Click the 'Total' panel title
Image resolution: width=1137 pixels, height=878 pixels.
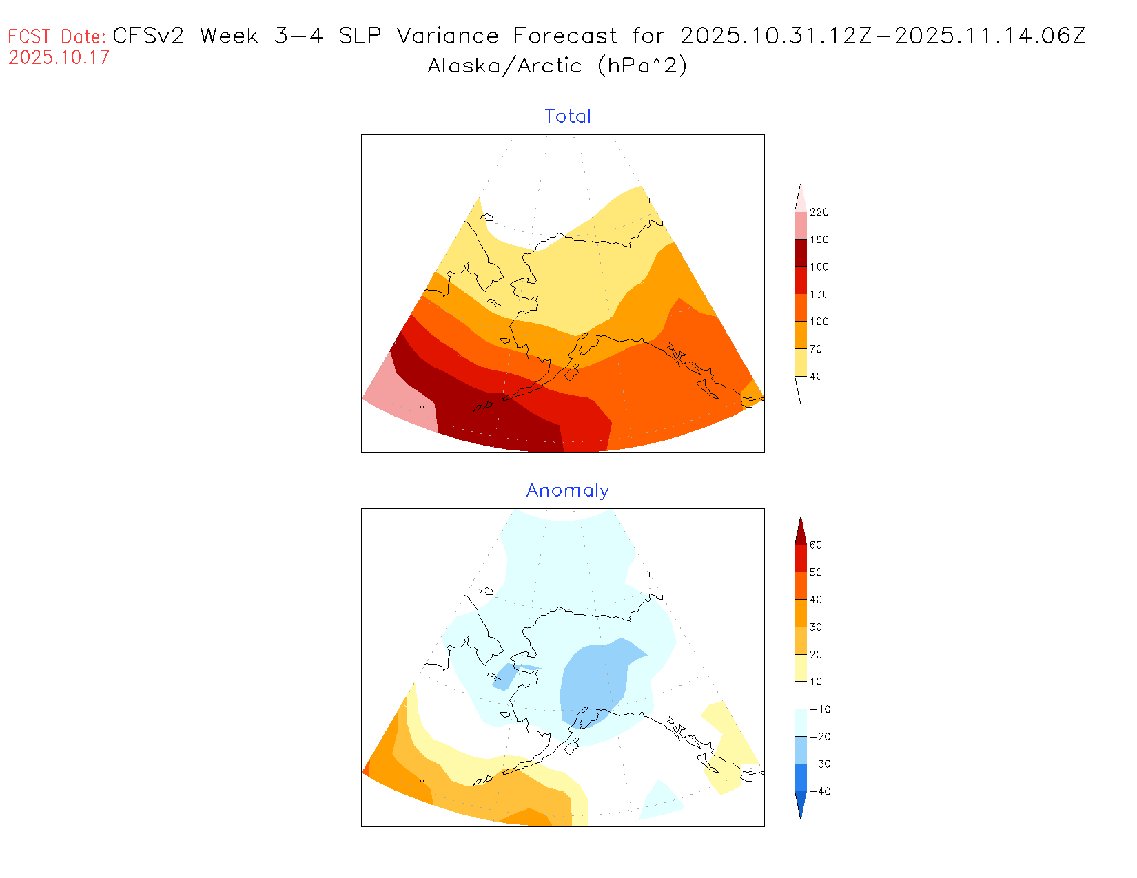567,116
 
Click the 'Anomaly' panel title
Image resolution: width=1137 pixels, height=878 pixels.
567,490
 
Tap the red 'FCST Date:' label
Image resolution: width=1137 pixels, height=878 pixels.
57,36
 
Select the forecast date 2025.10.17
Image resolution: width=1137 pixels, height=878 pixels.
59,57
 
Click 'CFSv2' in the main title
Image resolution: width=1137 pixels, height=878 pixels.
148,36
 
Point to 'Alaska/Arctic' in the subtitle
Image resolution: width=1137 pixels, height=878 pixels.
504,66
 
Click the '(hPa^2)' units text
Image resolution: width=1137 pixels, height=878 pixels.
642,66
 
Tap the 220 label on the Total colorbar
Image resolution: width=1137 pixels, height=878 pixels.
819,212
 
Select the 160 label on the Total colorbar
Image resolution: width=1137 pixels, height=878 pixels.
819,267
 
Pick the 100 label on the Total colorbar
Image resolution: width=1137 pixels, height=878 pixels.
819,322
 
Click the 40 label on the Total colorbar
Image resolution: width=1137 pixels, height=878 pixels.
816,376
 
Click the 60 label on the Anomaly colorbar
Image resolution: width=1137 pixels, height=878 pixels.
816,545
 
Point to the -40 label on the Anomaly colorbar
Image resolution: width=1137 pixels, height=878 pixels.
820,791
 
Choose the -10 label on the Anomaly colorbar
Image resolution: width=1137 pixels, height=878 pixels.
820,709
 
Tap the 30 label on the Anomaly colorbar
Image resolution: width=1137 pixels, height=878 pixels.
816,627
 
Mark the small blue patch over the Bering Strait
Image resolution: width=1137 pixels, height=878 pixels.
504,677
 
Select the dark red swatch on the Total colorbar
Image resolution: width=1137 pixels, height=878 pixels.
801,253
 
